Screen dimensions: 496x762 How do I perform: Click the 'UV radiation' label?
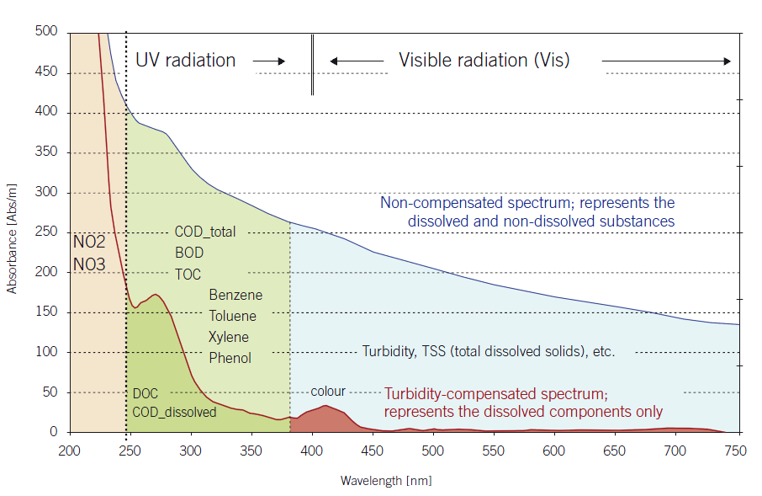click(x=185, y=61)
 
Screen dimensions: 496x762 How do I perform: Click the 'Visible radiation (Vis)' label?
click(x=484, y=61)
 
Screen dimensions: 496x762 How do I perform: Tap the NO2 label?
click(x=89, y=243)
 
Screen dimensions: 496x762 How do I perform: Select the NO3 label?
click(x=89, y=264)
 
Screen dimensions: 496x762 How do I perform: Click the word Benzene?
click(x=235, y=296)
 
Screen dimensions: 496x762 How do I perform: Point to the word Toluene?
click(x=233, y=316)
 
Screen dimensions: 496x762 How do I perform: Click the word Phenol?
click(x=230, y=358)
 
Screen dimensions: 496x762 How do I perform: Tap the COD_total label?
click(x=205, y=232)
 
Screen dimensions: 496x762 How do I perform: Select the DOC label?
click(x=145, y=393)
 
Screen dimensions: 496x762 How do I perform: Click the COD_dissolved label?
click(x=174, y=413)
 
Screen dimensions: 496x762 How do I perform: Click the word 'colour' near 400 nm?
click(x=328, y=392)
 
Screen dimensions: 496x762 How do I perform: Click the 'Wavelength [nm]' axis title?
click(x=386, y=482)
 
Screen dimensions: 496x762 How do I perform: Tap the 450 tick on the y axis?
click(x=46, y=72)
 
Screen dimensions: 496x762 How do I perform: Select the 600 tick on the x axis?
click(x=553, y=451)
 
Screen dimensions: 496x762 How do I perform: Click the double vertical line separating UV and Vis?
click(x=312, y=65)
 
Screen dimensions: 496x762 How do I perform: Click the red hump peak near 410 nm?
click(x=325, y=407)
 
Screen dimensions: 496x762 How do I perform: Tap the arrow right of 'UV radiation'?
click(x=269, y=61)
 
